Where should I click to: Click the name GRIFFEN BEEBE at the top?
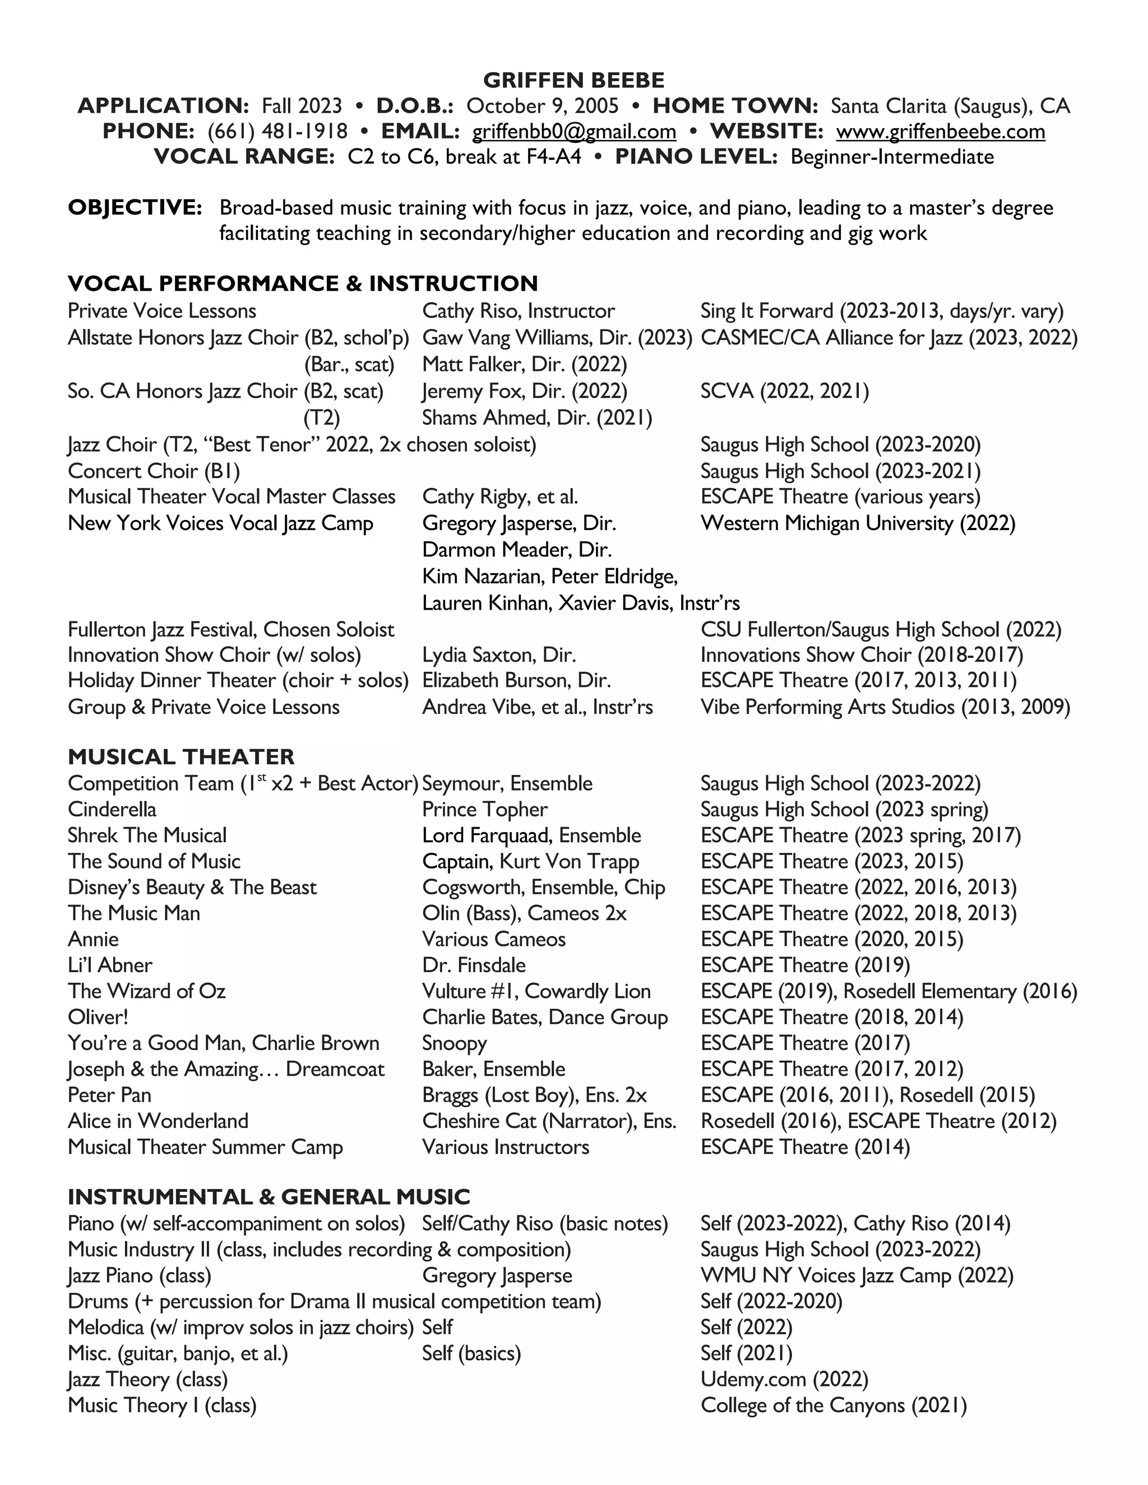tap(573, 80)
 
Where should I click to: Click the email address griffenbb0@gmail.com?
tap(574, 131)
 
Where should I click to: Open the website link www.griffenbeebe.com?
tap(940, 131)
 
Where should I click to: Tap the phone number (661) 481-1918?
tap(277, 131)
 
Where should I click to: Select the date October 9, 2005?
tap(542, 106)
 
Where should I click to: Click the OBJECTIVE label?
tap(135, 208)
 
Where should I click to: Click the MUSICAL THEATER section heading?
tap(181, 757)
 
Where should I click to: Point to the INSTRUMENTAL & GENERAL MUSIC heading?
tap(269, 1197)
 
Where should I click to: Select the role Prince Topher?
tap(484, 810)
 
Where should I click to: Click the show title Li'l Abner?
tap(110, 966)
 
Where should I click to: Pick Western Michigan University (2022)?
tap(858, 523)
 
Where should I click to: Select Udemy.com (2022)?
tap(784, 1380)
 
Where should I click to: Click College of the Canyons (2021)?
tap(833, 1405)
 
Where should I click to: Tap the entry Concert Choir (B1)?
tap(154, 471)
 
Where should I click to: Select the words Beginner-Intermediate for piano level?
tap(892, 157)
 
